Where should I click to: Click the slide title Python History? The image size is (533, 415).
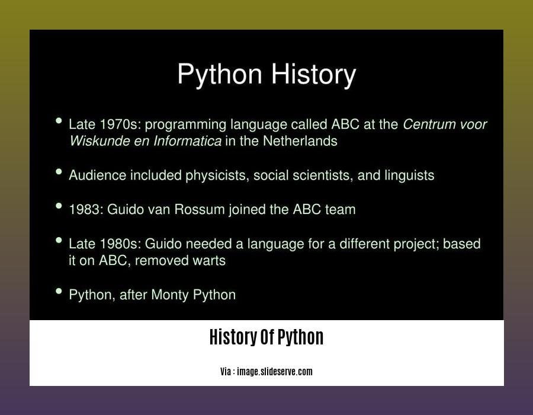[x=266, y=75]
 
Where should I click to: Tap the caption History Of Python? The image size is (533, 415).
[x=266, y=337]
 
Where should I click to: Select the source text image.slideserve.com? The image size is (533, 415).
[x=275, y=372]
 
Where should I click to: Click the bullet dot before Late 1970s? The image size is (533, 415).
[x=59, y=121]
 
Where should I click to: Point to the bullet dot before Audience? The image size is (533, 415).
[x=59, y=172]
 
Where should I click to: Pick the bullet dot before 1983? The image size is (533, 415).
[x=59, y=206]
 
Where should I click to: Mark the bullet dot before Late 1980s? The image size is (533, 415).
[x=59, y=240]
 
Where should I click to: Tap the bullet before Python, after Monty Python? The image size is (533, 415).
[x=59, y=291]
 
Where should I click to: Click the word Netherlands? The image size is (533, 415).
[x=300, y=141]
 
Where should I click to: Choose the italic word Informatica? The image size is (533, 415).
[x=187, y=141]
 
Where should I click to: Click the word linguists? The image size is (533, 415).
[x=409, y=175]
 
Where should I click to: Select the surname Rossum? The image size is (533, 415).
[x=200, y=209]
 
